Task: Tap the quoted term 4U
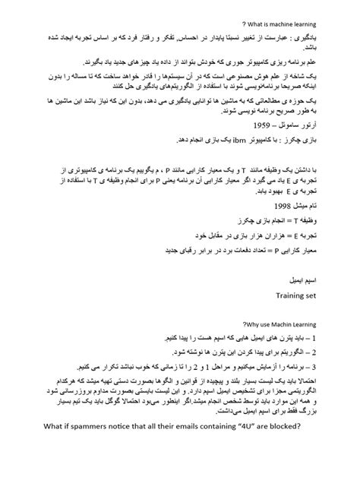point(228,446)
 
